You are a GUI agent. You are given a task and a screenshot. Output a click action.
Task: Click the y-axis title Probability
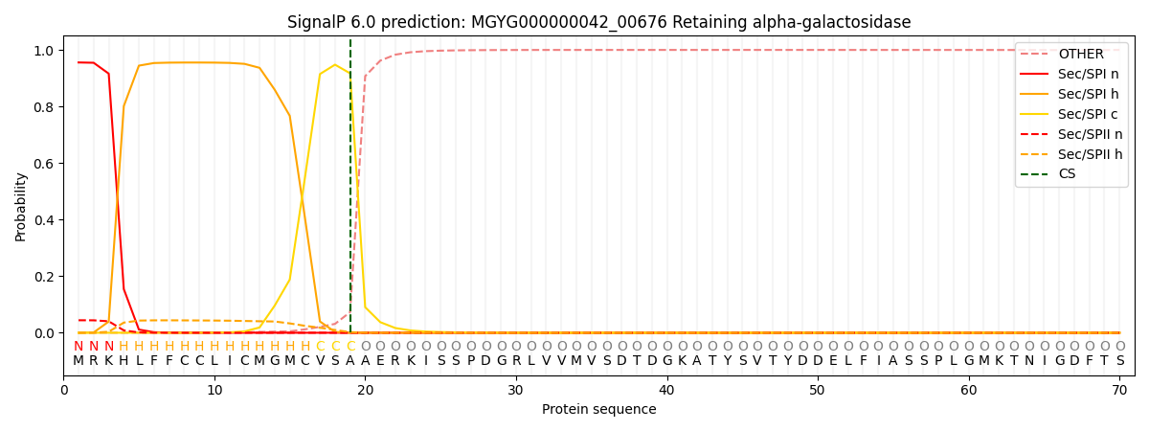tap(21, 206)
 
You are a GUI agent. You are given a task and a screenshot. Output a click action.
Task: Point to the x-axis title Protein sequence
tap(598, 410)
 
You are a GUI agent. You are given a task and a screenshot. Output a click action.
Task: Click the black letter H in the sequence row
tap(124, 361)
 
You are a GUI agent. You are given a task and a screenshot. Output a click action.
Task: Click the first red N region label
tap(79, 346)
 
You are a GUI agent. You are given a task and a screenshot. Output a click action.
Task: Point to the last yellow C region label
tap(350, 346)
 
